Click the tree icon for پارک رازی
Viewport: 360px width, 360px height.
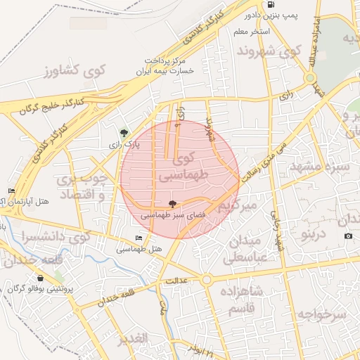coord(124,132)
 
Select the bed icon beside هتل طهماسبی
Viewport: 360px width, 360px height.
coord(139,238)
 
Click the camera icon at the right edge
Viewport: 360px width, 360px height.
coord(348,236)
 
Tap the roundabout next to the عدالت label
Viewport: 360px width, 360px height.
coord(206,280)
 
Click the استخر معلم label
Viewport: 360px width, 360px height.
coord(263,32)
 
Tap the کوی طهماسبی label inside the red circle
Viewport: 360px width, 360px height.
coord(182,167)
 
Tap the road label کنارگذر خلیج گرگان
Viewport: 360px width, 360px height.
coord(51,105)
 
